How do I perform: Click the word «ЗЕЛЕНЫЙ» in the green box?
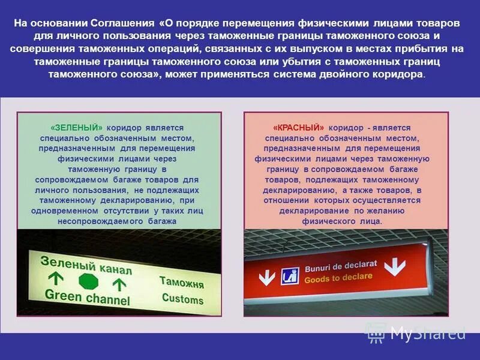click(x=77, y=128)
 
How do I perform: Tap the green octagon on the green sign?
click(x=88, y=281)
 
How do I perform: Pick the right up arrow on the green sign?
click(x=119, y=284)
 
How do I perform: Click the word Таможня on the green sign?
click(x=181, y=282)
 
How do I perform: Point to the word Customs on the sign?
click(x=182, y=299)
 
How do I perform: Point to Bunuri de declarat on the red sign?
click(x=341, y=266)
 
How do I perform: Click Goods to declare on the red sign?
click(x=338, y=278)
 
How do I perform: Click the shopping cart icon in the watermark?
click(x=376, y=332)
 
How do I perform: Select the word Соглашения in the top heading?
click(x=123, y=23)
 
